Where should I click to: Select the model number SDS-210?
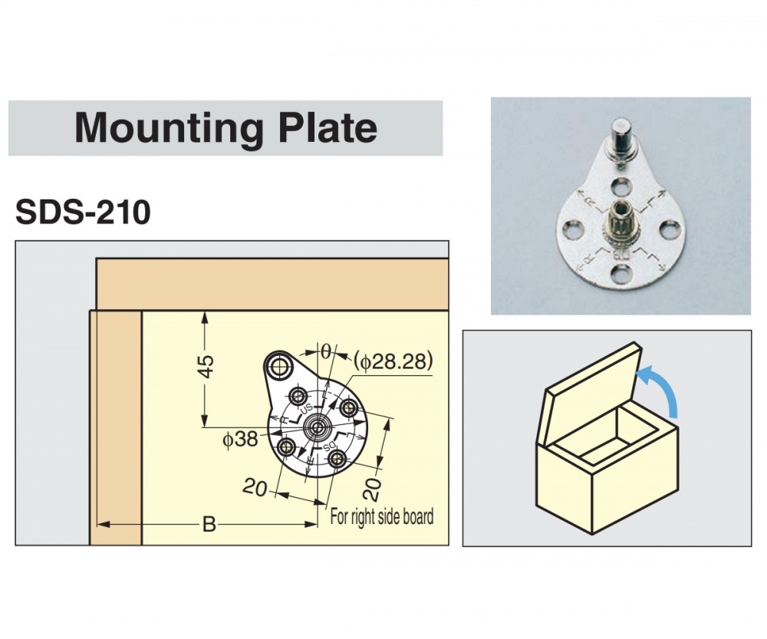83,212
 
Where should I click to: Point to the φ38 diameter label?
239,440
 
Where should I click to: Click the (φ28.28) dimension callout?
394,361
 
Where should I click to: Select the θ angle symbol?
325,351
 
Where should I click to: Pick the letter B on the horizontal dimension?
209,525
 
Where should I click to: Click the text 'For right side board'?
381,515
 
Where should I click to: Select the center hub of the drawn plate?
316,427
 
